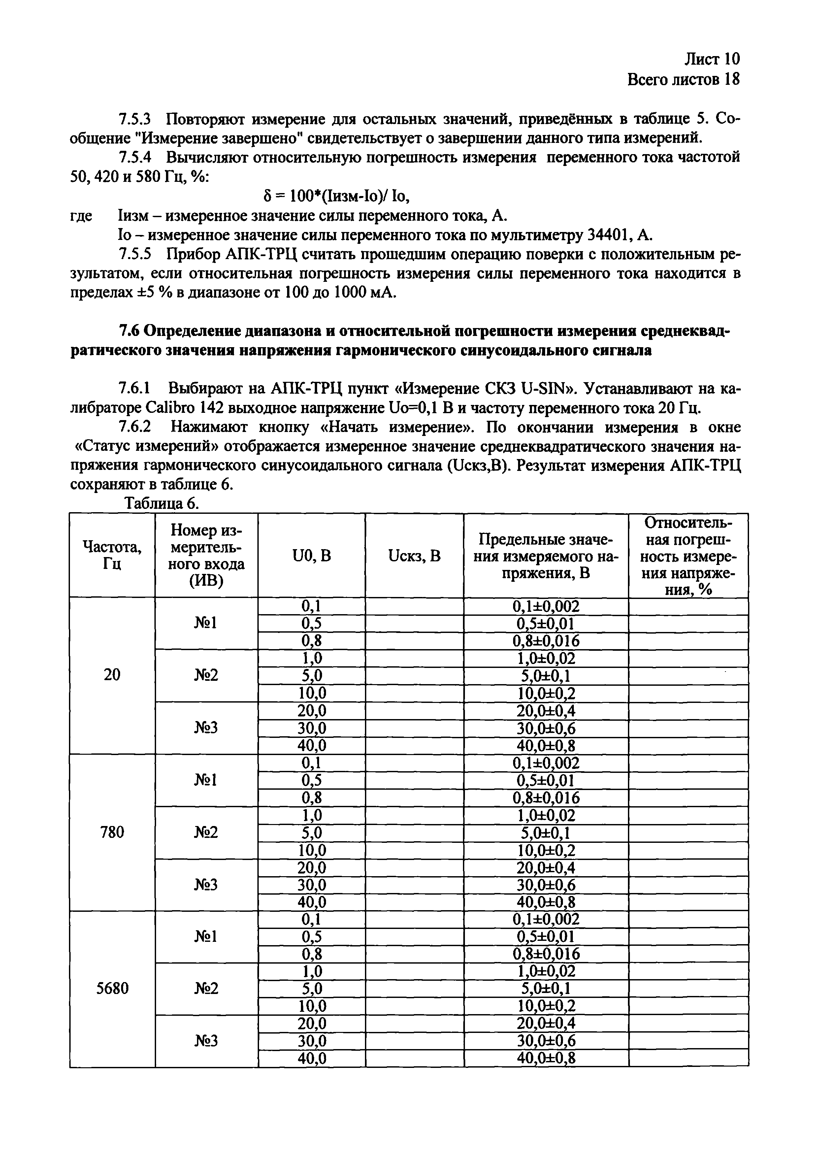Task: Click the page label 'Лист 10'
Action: click(x=712, y=59)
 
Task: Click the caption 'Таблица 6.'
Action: click(x=163, y=503)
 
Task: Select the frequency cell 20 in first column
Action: click(x=112, y=675)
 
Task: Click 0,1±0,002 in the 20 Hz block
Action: click(x=546, y=606)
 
